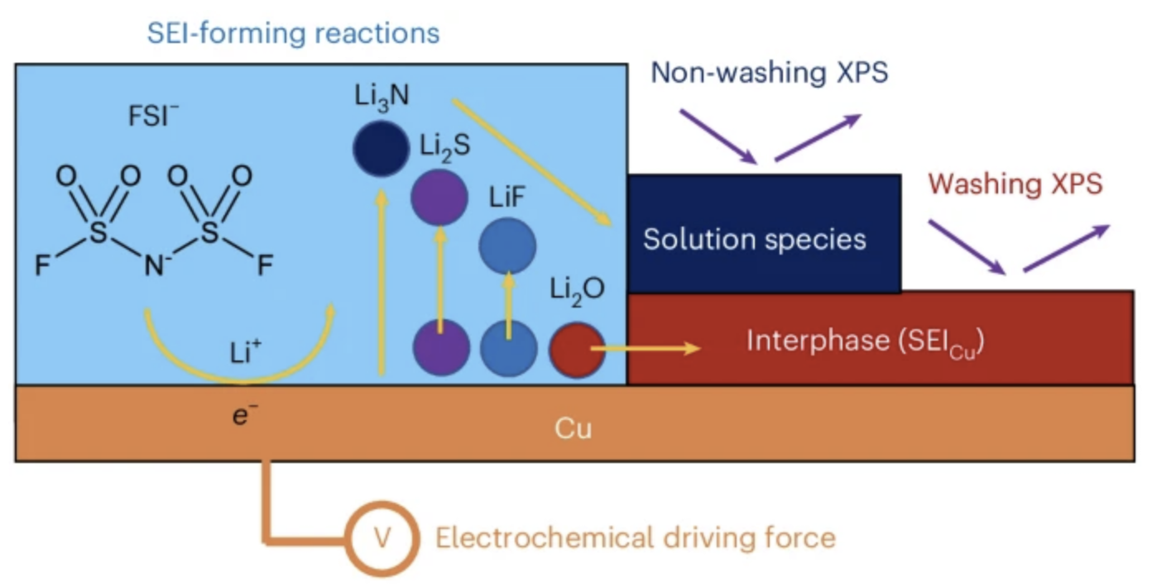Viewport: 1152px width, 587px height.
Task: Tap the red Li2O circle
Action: click(577, 349)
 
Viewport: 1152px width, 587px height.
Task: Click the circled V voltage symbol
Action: click(382, 538)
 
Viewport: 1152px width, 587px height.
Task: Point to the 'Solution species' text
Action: click(755, 239)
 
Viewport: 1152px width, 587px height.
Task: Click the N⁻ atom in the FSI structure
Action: click(154, 265)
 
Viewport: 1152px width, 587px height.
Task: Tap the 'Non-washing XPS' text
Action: click(770, 74)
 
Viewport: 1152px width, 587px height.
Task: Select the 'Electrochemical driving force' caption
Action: click(636, 539)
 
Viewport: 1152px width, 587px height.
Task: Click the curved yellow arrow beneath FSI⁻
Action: click(240, 368)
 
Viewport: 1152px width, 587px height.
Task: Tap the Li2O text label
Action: click(578, 290)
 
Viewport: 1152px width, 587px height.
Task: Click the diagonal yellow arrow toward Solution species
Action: click(530, 162)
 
